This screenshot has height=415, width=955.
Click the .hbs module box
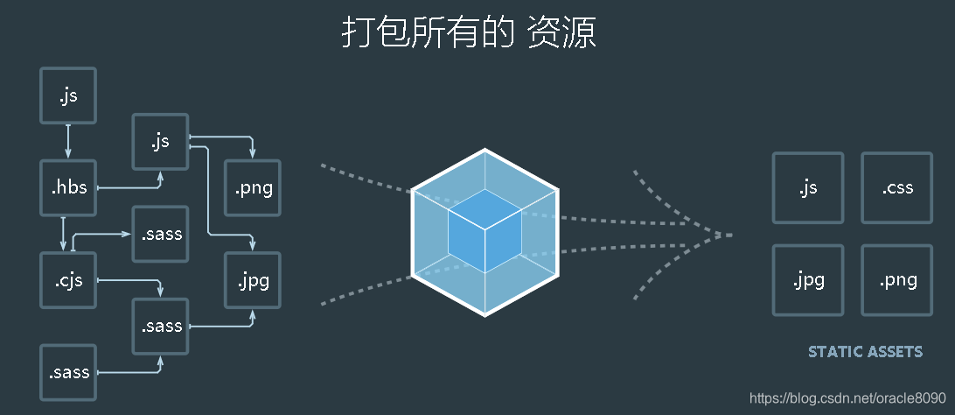point(69,186)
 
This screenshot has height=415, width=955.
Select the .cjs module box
point(69,280)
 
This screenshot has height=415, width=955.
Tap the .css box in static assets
point(897,187)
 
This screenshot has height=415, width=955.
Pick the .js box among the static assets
point(807,187)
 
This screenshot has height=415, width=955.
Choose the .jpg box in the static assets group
point(807,280)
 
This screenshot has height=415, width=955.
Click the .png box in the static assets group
point(897,280)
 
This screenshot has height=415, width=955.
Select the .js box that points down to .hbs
point(68,95)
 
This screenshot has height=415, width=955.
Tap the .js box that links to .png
point(160,141)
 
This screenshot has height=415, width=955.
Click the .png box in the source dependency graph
point(253,187)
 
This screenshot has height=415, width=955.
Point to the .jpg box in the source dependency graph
point(253,280)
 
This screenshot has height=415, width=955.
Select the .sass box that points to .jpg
point(160,326)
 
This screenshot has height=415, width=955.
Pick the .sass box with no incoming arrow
point(69,372)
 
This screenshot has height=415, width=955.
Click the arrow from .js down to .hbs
point(68,141)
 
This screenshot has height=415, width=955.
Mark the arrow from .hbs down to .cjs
point(64,233)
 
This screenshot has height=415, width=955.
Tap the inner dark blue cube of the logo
point(484,229)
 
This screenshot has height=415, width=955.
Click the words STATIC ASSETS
point(865,352)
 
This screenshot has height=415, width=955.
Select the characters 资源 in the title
point(561,33)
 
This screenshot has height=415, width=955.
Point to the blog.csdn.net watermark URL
point(848,397)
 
